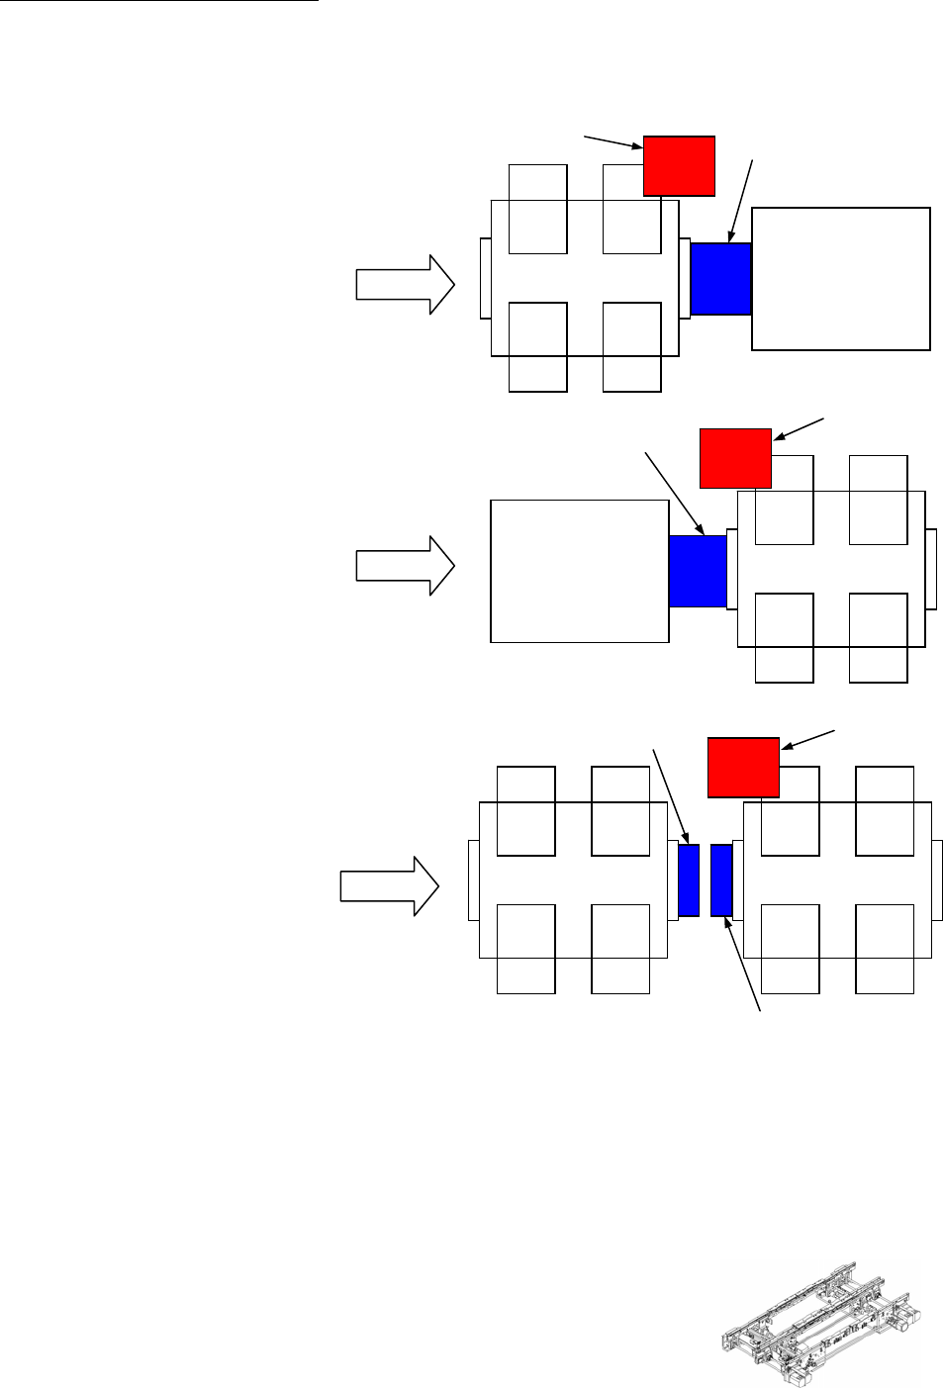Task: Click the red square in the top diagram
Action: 679,166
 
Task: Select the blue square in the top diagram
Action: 720,279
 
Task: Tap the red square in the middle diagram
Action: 735,458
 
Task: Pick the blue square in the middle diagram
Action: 698,571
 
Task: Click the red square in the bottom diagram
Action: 743,767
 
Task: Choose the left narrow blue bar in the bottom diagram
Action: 689,880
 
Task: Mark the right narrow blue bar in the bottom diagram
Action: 721,880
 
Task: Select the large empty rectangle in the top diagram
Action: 841,279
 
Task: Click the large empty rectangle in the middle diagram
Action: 580,571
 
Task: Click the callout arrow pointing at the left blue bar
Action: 671,796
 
